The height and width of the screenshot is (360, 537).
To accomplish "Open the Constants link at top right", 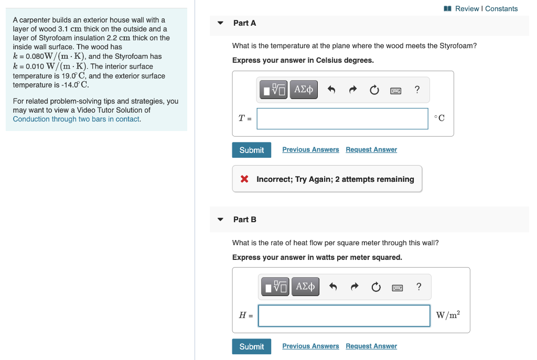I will coord(501,8).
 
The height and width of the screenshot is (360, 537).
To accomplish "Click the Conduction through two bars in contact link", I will coord(76,119).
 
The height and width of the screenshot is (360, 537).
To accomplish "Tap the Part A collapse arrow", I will coord(221,23).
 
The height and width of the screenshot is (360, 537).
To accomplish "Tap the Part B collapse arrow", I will coord(221,220).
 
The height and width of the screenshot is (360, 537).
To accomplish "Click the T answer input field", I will coord(342,118).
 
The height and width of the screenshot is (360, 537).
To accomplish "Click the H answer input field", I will coord(344,315).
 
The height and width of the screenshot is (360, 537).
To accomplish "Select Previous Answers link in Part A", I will coord(310,149).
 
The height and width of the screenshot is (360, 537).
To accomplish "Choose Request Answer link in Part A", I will coord(371,149).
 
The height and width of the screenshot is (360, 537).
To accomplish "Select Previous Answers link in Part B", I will coord(310,346).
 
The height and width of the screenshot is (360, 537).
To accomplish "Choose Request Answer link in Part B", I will coord(371,346).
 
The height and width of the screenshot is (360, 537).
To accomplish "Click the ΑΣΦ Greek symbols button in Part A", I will coord(304,90).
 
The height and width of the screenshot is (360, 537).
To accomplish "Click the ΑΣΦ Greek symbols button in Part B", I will coord(305,286).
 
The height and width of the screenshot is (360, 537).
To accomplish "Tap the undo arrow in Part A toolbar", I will coord(331,90).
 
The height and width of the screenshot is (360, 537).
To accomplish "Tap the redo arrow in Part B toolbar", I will coord(355,286).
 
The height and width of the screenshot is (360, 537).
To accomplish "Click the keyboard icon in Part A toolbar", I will coord(395,90).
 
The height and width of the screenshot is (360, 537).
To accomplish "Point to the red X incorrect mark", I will coord(244,179).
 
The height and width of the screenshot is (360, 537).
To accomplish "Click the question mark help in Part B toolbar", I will coord(418,286).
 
